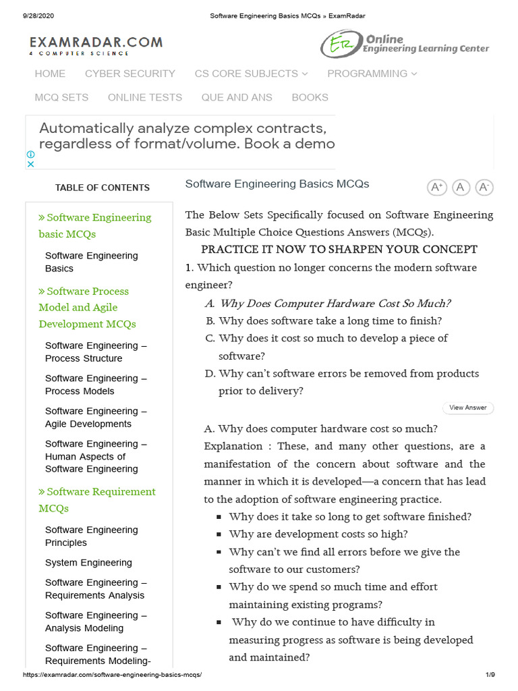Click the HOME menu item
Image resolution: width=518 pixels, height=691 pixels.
click(x=50, y=74)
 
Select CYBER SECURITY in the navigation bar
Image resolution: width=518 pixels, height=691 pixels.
click(x=129, y=74)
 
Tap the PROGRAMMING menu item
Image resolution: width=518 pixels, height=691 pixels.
click(x=372, y=74)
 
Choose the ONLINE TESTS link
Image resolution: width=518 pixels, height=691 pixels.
click(x=145, y=97)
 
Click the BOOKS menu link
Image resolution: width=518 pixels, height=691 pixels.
click(x=310, y=97)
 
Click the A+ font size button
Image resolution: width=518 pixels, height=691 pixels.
click(x=437, y=187)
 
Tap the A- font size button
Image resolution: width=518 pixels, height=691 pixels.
click(x=484, y=187)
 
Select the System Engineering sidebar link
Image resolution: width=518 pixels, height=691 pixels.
click(x=88, y=563)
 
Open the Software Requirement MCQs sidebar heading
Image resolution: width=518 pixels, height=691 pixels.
click(x=97, y=500)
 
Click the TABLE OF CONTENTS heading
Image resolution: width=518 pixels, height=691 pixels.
click(x=103, y=188)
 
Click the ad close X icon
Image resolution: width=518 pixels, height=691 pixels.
click(x=30, y=164)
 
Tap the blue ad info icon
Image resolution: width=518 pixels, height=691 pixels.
click(x=30, y=155)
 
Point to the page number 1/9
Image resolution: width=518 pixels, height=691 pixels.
click(x=490, y=675)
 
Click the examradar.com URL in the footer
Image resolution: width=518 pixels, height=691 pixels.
click(x=112, y=675)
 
